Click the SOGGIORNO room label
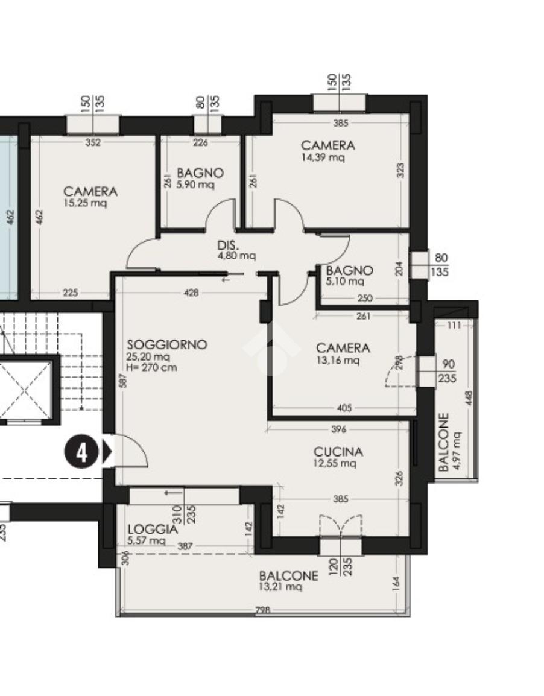(167, 344)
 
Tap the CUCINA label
(338, 452)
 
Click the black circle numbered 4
(82, 453)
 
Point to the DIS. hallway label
(228, 245)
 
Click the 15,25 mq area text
(85, 203)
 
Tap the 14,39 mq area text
(323, 157)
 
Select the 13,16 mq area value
(338, 360)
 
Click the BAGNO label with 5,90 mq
(200, 172)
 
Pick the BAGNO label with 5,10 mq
(349, 270)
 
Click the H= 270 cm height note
(151, 367)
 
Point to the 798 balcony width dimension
(263, 610)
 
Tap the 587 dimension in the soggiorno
(124, 381)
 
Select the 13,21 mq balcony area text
(280, 587)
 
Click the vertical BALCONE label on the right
(443, 442)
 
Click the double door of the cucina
(341, 525)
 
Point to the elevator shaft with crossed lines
(26, 390)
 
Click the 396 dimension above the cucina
(338, 429)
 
